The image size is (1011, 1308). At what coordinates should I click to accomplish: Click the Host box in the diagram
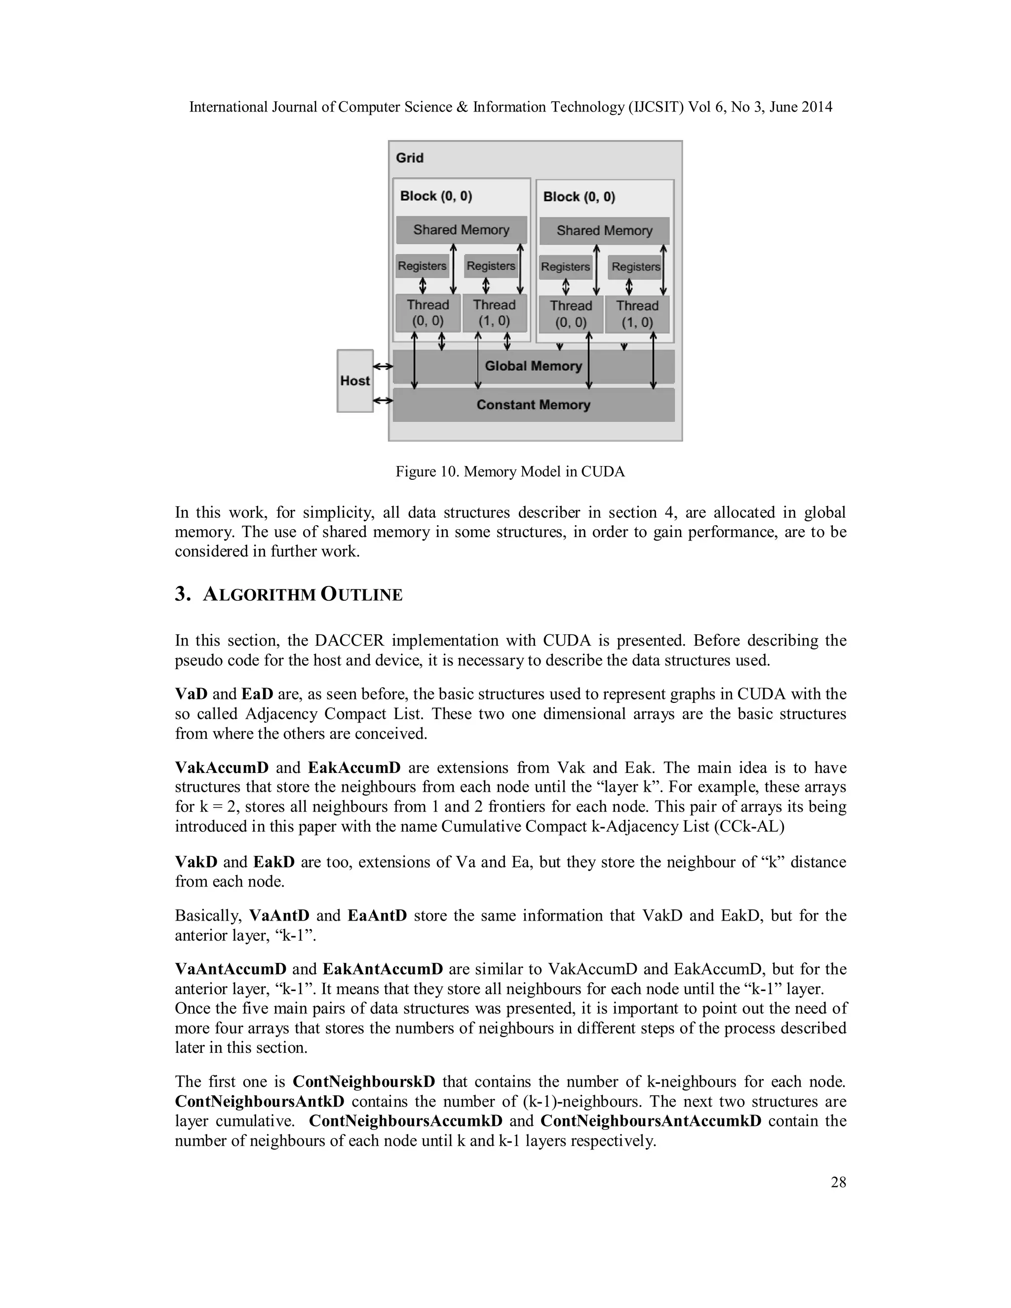pyautogui.click(x=354, y=381)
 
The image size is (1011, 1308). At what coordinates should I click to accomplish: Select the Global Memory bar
pyautogui.click(x=533, y=366)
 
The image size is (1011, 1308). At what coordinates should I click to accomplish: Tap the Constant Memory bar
pyautogui.click(x=533, y=405)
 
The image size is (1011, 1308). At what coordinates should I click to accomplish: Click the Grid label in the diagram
pyautogui.click(x=410, y=158)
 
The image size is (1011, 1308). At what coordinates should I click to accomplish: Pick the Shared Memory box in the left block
pyautogui.click(x=461, y=230)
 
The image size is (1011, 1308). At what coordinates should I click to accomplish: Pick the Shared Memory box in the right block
pyautogui.click(x=604, y=231)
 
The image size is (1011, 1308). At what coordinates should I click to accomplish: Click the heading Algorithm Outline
pyautogui.click(x=303, y=595)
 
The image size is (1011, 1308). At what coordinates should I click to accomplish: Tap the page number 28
pyautogui.click(x=838, y=1182)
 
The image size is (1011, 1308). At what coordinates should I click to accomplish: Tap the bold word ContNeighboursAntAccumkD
pyautogui.click(x=651, y=1121)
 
